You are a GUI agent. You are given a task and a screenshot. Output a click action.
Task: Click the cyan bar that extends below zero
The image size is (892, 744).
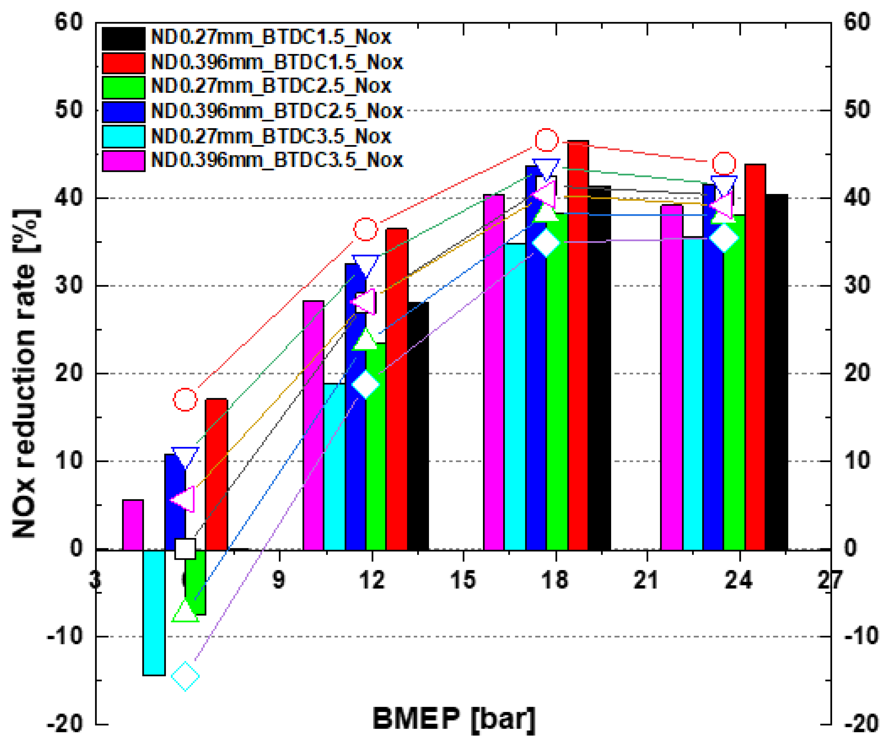(x=154, y=612)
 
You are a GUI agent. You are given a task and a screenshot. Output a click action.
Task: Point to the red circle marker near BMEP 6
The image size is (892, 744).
(x=185, y=399)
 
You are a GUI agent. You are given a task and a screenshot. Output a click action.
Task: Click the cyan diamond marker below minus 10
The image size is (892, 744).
(x=185, y=676)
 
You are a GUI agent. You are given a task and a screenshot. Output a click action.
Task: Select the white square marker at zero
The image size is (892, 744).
(x=185, y=549)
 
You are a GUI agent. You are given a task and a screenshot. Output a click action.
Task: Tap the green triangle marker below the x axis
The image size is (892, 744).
(x=185, y=612)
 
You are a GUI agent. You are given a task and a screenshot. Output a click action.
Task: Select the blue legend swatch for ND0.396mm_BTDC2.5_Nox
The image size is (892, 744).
(x=124, y=111)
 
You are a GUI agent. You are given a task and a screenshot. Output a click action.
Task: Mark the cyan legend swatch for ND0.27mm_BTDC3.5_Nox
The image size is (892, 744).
(x=124, y=136)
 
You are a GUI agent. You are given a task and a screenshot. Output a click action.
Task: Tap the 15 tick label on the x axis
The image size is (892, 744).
(x=463, y=580)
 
